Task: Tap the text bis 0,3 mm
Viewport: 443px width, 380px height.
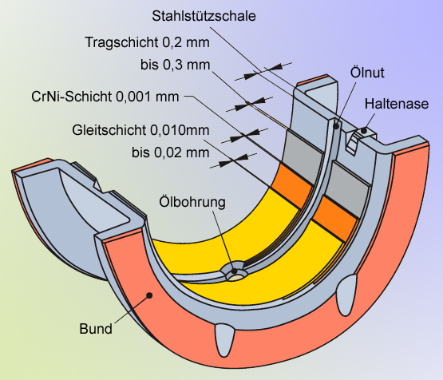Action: click(173, 65)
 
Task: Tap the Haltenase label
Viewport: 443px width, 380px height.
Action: click(396, 104)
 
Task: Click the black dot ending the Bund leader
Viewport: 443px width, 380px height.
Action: click(148, 295)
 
